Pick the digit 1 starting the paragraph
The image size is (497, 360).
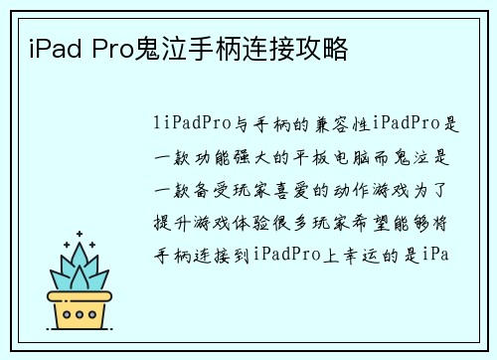158,123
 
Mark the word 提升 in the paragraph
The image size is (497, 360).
168,220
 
